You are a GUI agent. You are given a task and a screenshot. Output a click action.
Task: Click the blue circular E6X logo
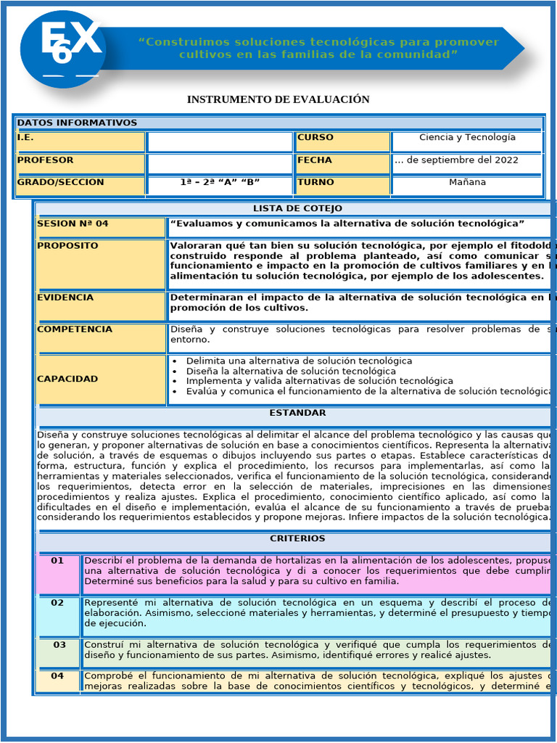pyautogui.click(x=63, y=49)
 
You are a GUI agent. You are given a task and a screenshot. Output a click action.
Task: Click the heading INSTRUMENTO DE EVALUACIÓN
pyautogui.click(x=278, y=99)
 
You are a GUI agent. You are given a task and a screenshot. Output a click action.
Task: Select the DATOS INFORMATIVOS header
pyautogui.click(x=77, y=123)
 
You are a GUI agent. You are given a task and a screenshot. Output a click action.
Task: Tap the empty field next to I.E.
pyautogui.click(x=220, y=141)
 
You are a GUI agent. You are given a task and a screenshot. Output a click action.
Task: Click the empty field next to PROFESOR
pyautogui.click(x=220, y=164)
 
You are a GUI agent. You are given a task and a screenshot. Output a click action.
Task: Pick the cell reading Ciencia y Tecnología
pyautogui.click(x=467, y=138)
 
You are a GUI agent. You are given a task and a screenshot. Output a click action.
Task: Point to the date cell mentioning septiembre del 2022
pyautogui.click(x=467, y=160)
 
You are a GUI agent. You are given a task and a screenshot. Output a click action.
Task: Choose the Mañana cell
pyautogui.click(x=467, y=183)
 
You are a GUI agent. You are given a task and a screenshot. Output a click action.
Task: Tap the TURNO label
pyautogui.click(x=315, y=183)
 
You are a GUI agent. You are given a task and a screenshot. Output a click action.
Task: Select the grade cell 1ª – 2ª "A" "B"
pyautogui.click(x=220, y=183)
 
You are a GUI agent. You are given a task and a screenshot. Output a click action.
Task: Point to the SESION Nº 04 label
pyautogui.click(x=73, y=224)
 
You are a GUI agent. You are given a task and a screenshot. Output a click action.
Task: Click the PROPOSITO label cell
pyautogui.click(x=67, y=246)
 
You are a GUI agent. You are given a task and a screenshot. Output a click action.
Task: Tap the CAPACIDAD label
pyautogui.click(x=67, y=379)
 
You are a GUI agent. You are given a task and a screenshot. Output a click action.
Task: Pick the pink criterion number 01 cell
pyautogui.click(x=57, y=561)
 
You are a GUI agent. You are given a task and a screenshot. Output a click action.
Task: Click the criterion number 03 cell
pyautogui.click(x=59, y=645)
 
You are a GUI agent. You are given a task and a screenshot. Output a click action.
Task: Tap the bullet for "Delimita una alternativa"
pyautogui.click(x=176, y=361)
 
